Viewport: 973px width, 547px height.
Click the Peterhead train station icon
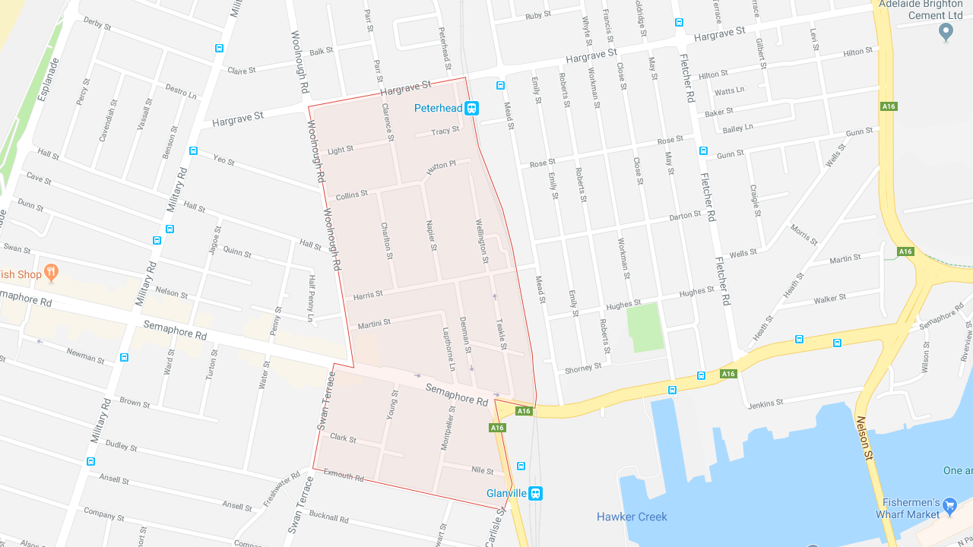(472, 109)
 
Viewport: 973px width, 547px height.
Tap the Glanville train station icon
(536, 493)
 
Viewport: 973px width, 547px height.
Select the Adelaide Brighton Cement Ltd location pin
(946, 32)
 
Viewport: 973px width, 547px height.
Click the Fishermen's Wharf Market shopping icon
(949, 507)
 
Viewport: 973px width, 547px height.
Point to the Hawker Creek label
(632, 517)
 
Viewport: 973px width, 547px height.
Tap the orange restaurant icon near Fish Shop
(52, 272)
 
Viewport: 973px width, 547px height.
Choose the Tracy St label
(445, 131)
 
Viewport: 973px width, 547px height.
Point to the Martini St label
(374, 324)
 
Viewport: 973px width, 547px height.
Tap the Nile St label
(482, 471)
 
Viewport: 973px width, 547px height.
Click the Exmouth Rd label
(344, 475)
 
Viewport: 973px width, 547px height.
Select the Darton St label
(685, 217)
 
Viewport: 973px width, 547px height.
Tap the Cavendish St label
(107, 120)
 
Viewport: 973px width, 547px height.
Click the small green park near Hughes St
(645, 327)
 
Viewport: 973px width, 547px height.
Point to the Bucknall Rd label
(328, 518)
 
